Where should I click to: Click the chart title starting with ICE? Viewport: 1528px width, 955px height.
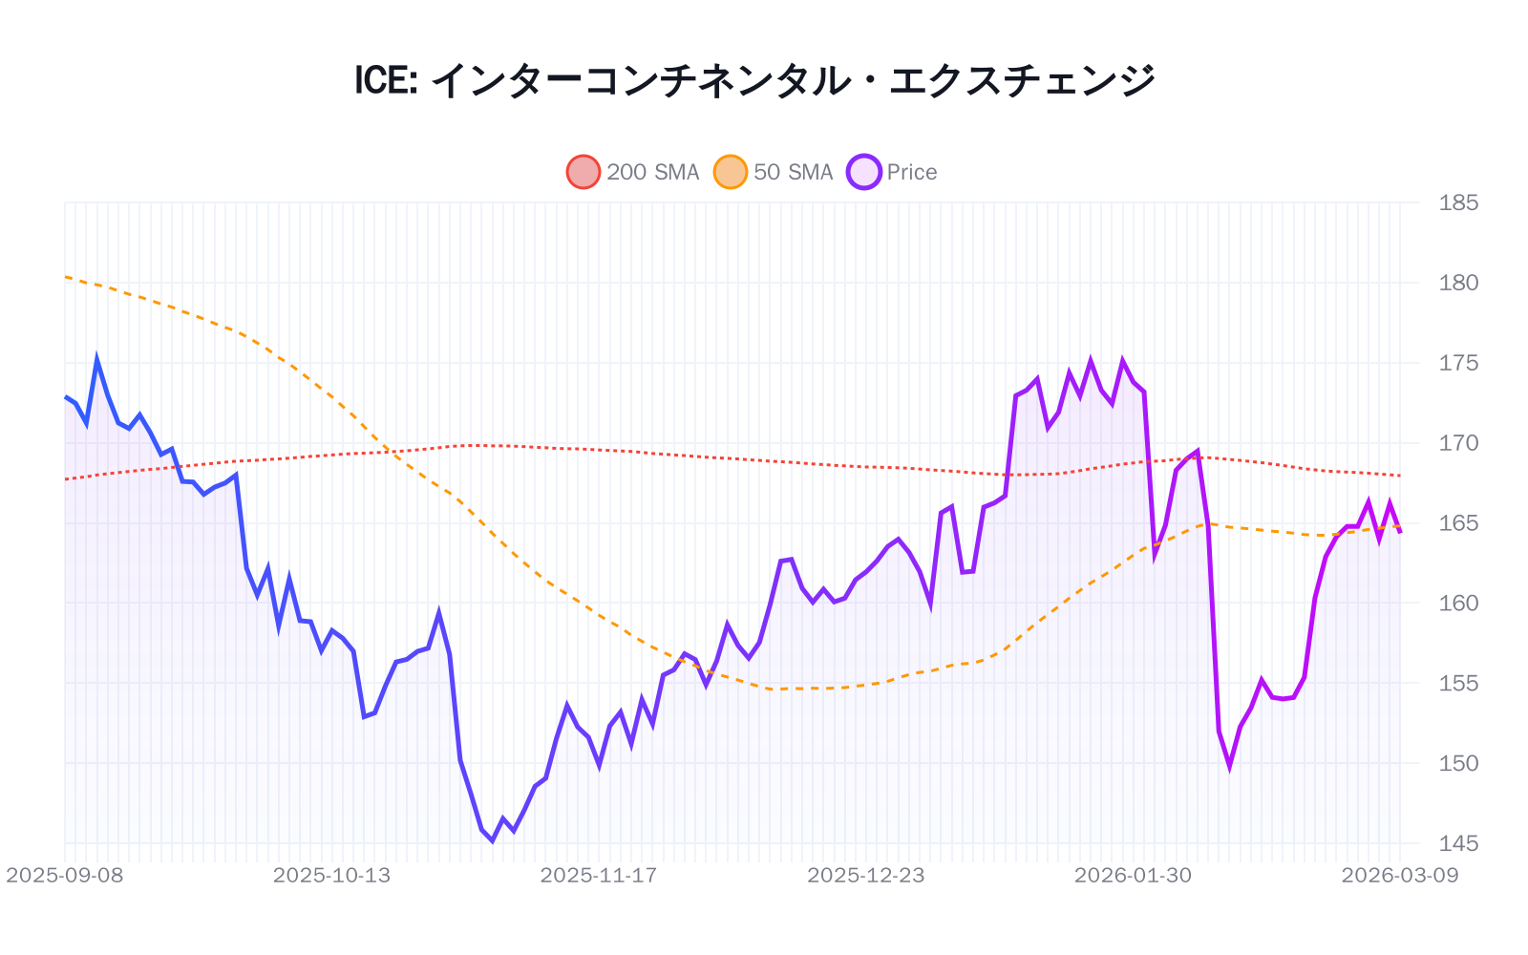click(x=754, y=80)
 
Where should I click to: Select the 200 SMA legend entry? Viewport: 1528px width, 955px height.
click(x=633, y=172)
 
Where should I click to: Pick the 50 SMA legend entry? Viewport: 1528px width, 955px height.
click(x=774, y=172)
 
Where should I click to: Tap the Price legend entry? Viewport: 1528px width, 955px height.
click(x=892, y=172)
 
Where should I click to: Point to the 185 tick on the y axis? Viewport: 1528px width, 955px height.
click(x=1458, y=202)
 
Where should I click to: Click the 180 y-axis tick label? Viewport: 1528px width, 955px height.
click(x=1458, y=283)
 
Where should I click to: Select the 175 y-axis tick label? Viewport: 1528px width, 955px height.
click(x=1458, y=363)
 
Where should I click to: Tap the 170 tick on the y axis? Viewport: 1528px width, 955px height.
click(x=1458, y=443)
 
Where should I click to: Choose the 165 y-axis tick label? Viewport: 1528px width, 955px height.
click(x=1458, y=523)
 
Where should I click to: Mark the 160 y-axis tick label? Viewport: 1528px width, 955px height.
click(x=1458, y=603)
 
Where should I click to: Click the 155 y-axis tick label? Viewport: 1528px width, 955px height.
click(x=1458, y=683)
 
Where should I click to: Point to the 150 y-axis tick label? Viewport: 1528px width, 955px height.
click(x=1458, y=763)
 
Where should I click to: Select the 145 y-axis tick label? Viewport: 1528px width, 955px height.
click(x=1458, y=843)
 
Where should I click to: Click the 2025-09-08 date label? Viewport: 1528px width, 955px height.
click(x=65, y=876)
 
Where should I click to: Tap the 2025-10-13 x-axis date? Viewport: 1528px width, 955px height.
click(x=331, y=876)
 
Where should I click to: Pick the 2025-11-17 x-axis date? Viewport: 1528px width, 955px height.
click(x=599, y=876)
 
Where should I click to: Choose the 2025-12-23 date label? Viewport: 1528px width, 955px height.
click(x=866, y=876)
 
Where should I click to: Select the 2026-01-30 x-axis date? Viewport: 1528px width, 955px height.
click(x=1133, y=876)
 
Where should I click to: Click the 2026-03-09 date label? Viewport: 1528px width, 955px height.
click(x=1400, y=876)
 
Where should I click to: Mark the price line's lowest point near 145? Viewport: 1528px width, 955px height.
click(x=492, y=840)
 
